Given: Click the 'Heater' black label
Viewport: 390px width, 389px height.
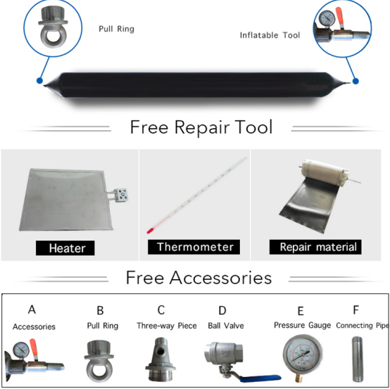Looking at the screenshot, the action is [65, 248].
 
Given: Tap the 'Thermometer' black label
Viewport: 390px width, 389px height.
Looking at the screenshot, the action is [194, 247].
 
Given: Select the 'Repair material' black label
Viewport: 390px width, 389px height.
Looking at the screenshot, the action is [315, 247].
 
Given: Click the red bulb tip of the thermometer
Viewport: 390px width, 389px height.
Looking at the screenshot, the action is [150, 231].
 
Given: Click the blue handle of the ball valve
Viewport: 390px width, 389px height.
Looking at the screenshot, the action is [260, 378].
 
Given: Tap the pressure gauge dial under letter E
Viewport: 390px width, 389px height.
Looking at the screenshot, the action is [302, 355].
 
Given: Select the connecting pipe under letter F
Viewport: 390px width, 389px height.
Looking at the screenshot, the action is [358, 359].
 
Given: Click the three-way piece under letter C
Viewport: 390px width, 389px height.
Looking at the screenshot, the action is [161, 359].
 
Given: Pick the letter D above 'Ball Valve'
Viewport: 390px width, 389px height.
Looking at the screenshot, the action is [222, 310].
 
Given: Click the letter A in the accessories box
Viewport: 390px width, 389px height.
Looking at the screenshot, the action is [32, 310].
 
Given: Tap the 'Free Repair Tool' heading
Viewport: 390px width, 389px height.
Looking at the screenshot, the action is [201, 127].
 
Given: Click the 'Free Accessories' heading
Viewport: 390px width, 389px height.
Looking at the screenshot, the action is [199, 278].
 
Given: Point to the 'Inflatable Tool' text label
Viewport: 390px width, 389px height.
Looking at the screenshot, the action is [270, 35].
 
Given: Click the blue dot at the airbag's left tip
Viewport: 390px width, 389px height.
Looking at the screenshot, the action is [39, 80].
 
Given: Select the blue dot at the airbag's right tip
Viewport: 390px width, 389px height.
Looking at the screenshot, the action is [356, 81].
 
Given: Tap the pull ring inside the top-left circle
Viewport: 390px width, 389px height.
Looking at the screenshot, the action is [53, 27].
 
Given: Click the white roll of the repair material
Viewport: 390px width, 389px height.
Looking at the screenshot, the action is [325, 172].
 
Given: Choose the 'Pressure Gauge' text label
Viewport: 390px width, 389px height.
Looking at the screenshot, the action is [303, 325].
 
